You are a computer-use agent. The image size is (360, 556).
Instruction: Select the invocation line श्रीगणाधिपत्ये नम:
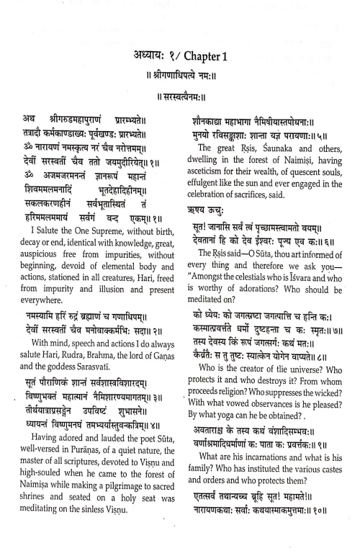pos(180,75)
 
